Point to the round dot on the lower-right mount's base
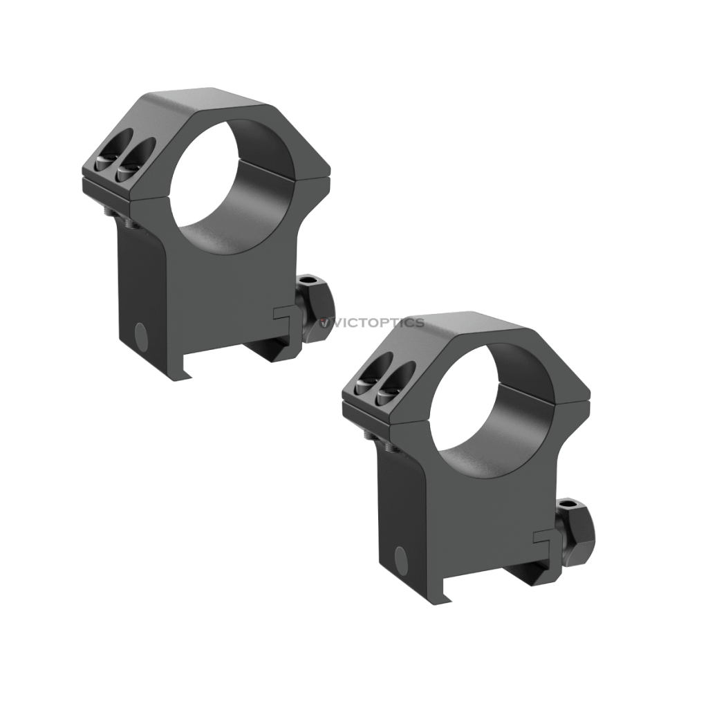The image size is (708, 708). (x=400, y=557)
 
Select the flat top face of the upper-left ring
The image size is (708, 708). (x=207, y=103)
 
